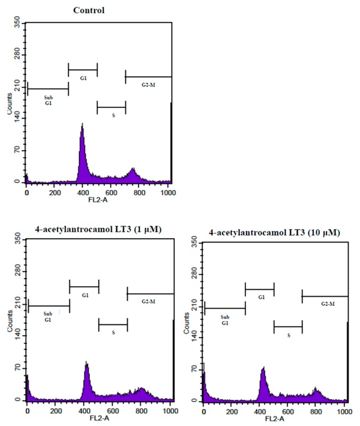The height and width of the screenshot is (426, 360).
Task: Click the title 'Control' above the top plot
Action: point(89,10)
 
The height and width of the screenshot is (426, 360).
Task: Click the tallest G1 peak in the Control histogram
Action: point(82,125)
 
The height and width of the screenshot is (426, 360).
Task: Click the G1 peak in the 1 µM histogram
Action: point(86,363)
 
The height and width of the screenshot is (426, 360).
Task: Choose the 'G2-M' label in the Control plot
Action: point(148,85)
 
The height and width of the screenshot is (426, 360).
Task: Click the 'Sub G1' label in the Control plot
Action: point(48,101)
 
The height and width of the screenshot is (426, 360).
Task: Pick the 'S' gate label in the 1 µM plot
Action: point(113,333)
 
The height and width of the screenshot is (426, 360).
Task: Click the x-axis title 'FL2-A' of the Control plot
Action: point(98,201)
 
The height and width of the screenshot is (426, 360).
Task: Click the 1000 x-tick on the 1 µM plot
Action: point(168,410)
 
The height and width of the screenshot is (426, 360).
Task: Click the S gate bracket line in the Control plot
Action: point(111,107)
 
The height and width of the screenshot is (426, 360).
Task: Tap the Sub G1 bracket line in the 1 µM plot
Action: point(49,306)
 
